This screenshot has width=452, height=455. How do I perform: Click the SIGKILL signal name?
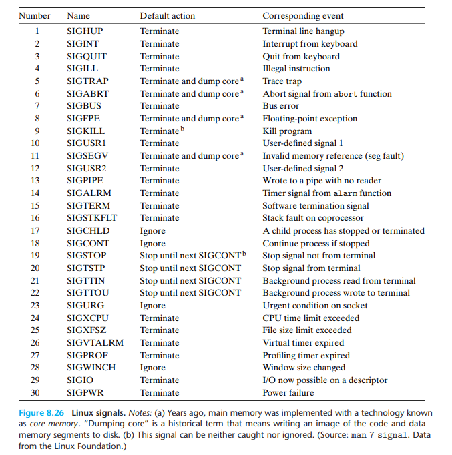coord(85,131)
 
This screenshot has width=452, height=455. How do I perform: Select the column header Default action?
coord(168,16)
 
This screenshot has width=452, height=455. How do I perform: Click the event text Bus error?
coord(280,106)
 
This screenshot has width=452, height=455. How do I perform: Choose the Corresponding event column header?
coord(304,16)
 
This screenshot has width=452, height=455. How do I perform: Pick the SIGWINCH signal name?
coord(91,368)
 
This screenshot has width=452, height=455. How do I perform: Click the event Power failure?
coord(289,393)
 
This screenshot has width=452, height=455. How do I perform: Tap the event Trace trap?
coord(282,81)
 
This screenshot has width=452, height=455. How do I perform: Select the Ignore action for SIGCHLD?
coord(152,231)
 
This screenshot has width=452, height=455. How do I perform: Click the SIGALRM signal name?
coord(87,193)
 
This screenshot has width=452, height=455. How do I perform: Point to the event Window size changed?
coord(304,368)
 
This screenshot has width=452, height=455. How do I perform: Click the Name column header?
coord(79,16)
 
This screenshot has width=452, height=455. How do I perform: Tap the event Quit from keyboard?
coord(300,57)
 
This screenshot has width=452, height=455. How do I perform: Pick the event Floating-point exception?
coord(309,119)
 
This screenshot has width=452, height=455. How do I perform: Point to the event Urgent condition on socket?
coord(315,306)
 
